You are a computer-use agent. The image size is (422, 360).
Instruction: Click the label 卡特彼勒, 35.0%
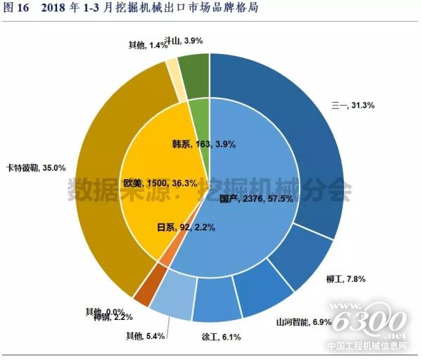coord(35,167)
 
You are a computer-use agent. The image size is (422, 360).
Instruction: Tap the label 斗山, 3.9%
coord(184,41)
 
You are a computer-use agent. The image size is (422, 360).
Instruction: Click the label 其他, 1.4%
coord(148,45)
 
